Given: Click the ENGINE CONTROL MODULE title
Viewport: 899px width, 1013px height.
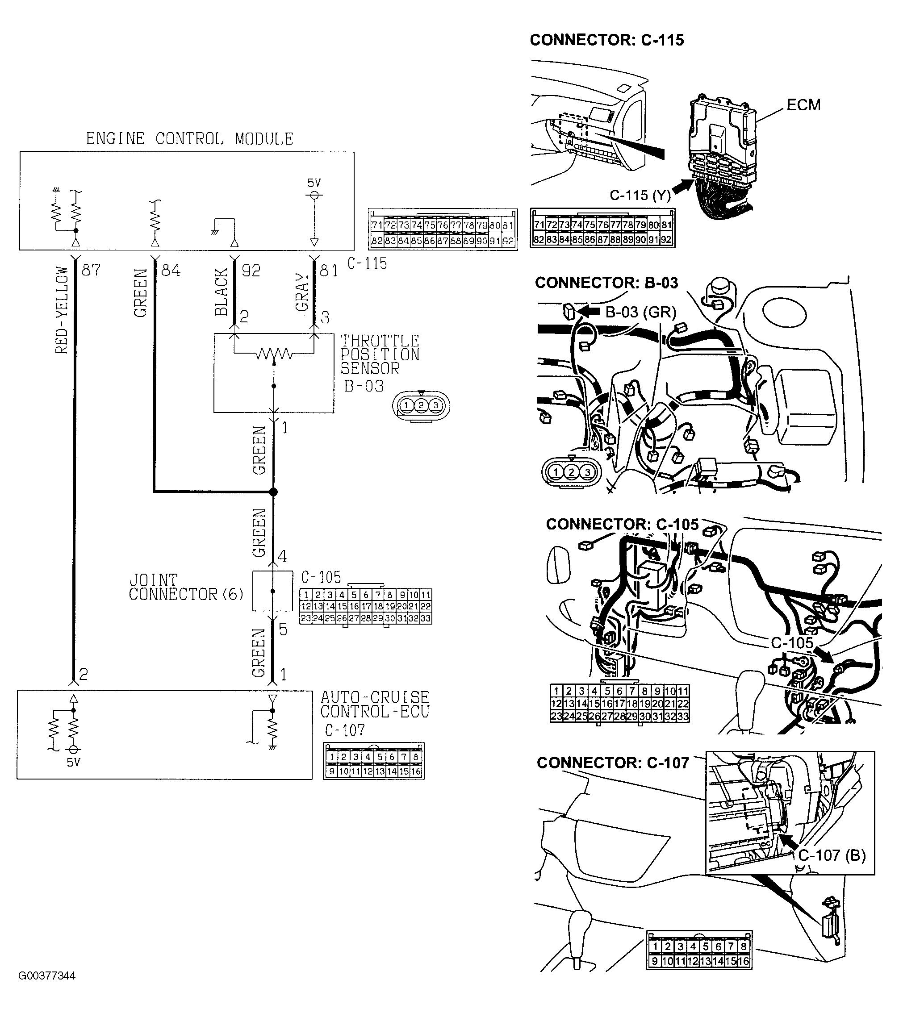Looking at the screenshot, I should [189, 139].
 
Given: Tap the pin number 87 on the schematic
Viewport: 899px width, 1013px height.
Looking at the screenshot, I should [91, 270].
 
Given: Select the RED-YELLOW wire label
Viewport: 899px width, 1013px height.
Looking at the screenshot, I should [62, 310].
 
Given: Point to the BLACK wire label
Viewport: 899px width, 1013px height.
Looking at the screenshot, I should [221, 292].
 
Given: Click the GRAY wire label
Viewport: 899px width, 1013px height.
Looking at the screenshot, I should [302, 292].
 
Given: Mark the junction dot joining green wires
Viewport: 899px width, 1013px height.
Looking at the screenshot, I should [273, 492].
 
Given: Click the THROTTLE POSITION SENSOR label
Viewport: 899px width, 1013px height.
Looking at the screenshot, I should [379, 355].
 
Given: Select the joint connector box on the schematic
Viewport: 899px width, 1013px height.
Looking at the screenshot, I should [273, 591].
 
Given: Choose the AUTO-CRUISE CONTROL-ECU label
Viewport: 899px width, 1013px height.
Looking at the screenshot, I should [374, 704].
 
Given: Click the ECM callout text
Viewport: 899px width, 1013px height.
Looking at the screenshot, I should [803, 105].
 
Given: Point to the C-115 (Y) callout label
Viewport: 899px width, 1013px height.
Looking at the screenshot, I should [640, 195].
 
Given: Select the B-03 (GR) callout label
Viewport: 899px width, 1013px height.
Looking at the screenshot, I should [641, 312].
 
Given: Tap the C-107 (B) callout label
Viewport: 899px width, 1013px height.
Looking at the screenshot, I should [832, 855].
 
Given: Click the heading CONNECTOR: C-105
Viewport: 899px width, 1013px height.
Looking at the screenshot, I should [622, 524].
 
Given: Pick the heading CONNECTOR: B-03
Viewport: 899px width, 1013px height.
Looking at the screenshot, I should [606, 283].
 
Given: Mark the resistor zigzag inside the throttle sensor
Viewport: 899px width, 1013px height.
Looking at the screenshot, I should [274, 354].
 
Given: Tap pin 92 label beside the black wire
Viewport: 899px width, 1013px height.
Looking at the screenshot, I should [251, 271].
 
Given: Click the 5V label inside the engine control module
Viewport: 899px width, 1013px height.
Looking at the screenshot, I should [314, 183].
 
